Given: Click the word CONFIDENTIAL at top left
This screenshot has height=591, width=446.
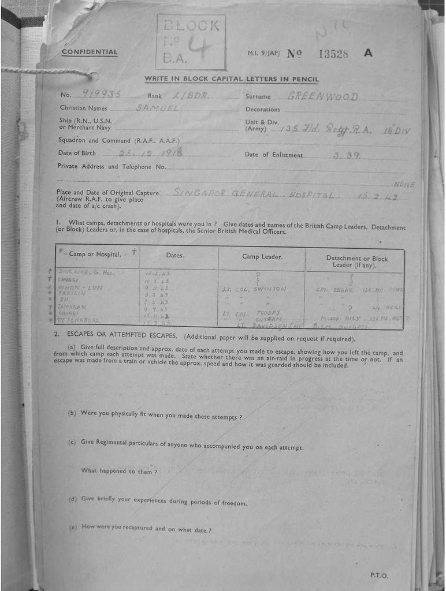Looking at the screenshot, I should [x=90, y=53].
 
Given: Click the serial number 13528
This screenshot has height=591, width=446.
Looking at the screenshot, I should [x=333, y=54].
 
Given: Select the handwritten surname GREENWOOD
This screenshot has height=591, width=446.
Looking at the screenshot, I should [x=323, y=96].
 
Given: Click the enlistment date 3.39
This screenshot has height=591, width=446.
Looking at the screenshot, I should [x=346, y=155].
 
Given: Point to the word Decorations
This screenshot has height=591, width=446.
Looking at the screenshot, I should [x=263, y=109].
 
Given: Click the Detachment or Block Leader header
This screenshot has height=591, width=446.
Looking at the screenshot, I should [x=356, y=261].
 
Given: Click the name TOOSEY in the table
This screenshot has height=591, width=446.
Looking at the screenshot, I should [x=268, y=312].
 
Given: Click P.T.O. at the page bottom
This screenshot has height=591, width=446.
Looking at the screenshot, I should [x=379, y=575].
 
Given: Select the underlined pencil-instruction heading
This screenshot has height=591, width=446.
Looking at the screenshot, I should [x=231, y=79].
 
